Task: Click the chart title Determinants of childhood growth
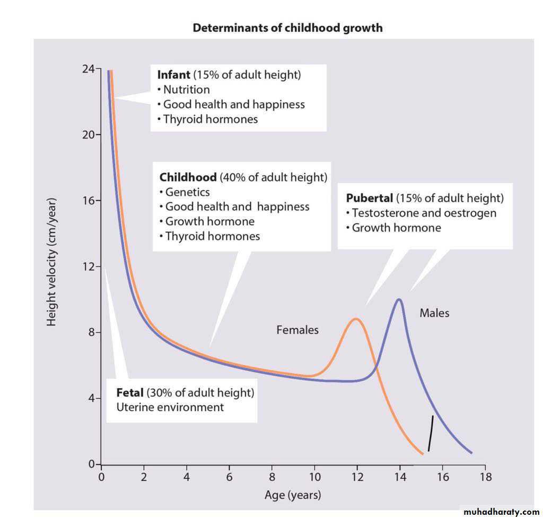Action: [x=287, y=28]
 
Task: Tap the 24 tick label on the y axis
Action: [x=88, y=69]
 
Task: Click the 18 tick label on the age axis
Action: [x=485, y=477]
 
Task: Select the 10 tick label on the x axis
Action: [x=314, y=477]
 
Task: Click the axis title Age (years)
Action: [x=293, y=496]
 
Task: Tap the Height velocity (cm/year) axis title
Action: [x=51, y=263]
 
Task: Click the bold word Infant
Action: [x=173, y=75]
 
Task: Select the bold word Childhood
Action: [x=188, y=177]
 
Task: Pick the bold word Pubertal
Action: [x=369, y=198]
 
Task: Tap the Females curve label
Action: [x=297, y=330]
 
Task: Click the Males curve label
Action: [x=434, y=313]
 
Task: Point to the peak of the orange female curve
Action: [x=356, y=319]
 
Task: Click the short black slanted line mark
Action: [x=431, y=434]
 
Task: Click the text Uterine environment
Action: [x=170, y=407]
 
